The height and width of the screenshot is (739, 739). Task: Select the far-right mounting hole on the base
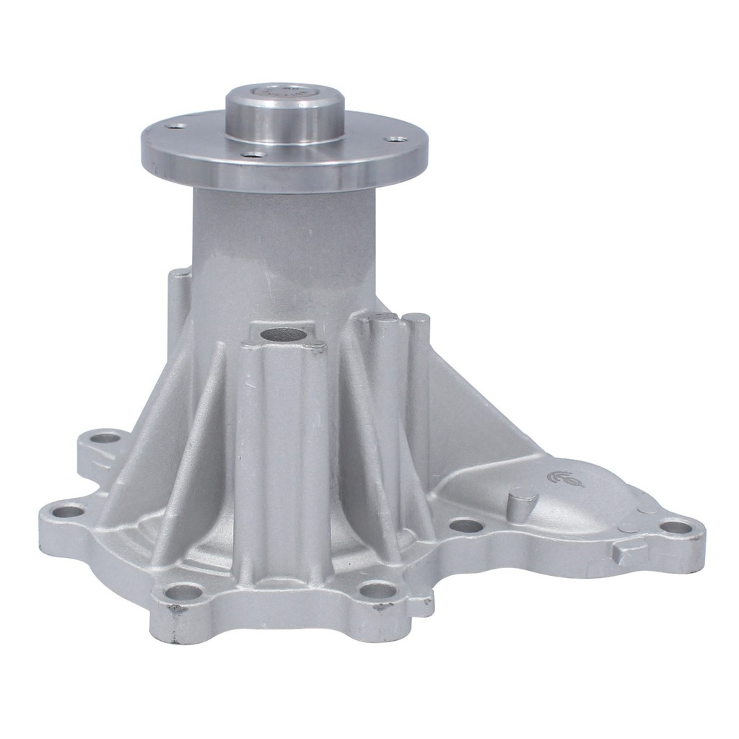point(676,528)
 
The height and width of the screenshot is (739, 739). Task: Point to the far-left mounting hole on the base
point(69,512)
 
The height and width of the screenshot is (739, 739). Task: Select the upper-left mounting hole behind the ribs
point(105,437)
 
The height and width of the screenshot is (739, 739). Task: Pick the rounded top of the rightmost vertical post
point(417,319)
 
